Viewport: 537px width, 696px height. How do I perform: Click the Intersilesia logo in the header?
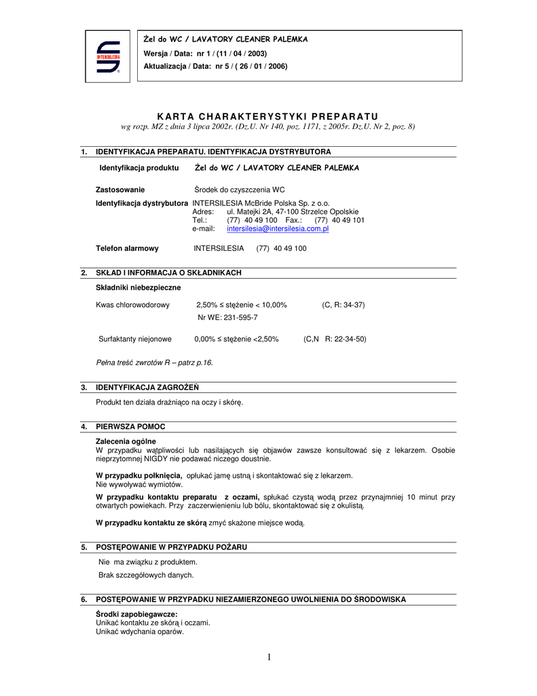tap(108, 56)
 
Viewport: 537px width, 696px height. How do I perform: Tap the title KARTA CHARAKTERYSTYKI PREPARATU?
tap(267, 116)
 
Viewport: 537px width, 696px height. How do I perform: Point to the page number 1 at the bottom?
tap(269, 657)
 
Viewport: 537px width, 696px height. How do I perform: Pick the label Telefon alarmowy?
tap(127, 249)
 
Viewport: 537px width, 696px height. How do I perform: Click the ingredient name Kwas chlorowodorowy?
tap(133, 305)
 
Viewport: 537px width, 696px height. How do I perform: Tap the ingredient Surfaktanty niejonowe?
tap(135, 338)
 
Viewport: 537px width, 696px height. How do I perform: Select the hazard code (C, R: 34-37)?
tap(343, 305)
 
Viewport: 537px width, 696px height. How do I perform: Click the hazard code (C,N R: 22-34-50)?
tap(335, 338)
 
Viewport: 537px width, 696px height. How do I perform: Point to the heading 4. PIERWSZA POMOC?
tap(130, 427)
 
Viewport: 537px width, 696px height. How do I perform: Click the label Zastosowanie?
tap(120, 190)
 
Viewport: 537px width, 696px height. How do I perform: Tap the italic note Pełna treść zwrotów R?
tap(154, 362)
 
